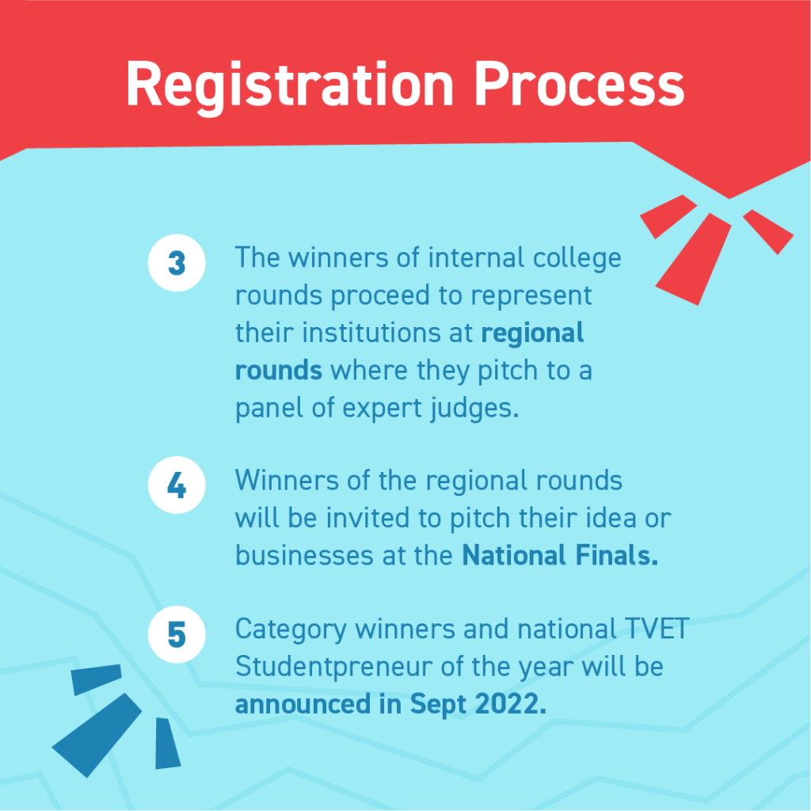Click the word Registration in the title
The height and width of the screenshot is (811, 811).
tap(290, 86)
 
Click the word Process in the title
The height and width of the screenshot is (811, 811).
tap(579, 84)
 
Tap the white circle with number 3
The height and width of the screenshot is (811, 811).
tap(177, 263)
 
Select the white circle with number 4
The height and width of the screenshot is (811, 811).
tap(177, 485)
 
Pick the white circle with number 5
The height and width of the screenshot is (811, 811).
tap(177, 634)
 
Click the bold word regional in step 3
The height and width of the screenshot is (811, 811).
tap(532, 334)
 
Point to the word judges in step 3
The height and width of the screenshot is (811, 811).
tap(474, 409)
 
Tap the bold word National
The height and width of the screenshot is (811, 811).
tap(513, 555)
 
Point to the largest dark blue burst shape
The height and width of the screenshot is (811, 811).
tap(97, 734)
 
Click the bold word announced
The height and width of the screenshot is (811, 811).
tap(303, 704)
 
